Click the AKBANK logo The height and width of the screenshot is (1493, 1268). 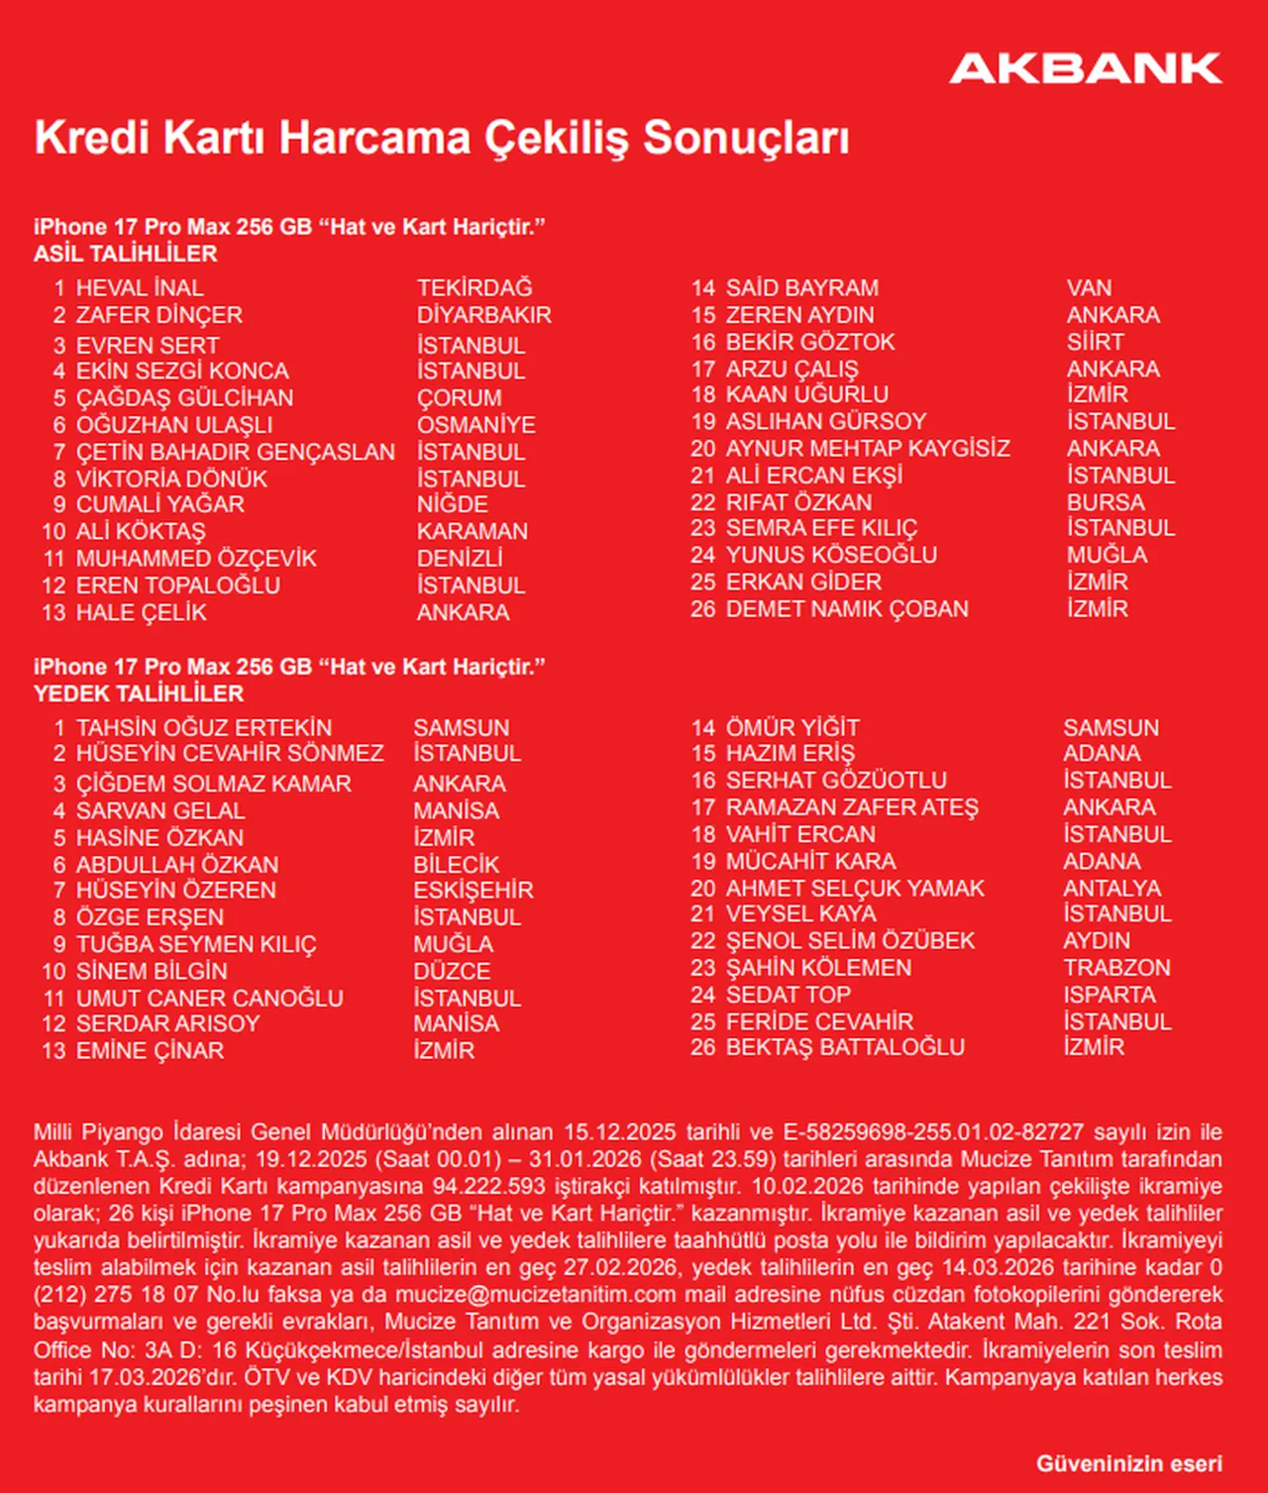tap(1086, 68)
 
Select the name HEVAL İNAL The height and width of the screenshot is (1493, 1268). tap(140, 288)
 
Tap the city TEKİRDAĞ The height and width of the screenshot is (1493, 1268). tap(475, 288)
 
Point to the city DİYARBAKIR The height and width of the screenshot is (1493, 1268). tap(483, 315)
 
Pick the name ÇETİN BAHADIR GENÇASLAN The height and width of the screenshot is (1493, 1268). tap(236, 452)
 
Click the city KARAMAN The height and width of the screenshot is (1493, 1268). tap(472, 531)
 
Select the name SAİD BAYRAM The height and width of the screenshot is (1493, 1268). tap(801, 288)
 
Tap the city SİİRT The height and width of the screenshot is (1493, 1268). tap(1095, 342)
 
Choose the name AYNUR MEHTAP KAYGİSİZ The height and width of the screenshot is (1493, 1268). tap(867, 449)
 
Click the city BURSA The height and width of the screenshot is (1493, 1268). tap(1106, 502)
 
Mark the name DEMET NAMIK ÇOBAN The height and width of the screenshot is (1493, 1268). tap(847, 609)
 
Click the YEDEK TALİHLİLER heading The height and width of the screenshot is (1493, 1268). tap(139, 693)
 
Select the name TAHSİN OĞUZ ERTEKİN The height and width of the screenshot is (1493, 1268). tap(204, 728)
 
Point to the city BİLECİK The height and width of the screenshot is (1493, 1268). tap(456, 865)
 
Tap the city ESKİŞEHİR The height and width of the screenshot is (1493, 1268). tap(474, 890)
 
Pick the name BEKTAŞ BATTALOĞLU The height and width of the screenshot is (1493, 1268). tap(844, 1047)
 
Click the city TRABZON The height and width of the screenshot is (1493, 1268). tap(1116, 968)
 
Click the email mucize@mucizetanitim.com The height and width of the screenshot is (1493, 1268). tap(535, 1295)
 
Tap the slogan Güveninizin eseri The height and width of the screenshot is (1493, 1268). tap(1128, 1463)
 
